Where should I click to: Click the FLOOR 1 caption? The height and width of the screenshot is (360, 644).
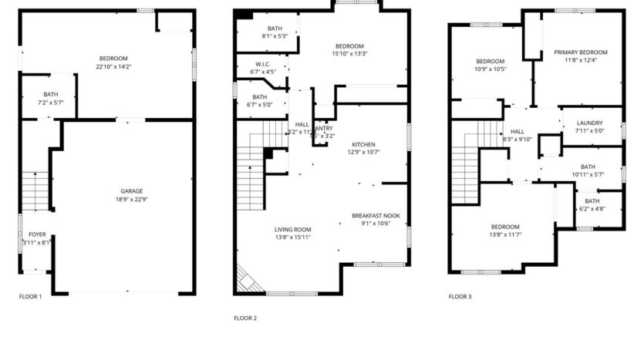coord(30,296)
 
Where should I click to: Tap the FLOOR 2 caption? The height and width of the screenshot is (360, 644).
coord(245,318)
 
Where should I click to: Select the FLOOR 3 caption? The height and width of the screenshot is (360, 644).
coord(460,296)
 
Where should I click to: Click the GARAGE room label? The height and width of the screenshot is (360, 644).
coord(131,191)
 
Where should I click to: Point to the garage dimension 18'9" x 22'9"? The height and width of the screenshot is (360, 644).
coord(131,200)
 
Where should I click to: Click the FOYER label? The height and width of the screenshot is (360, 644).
coord(37,234)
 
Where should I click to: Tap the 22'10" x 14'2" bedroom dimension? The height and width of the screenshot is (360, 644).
coord(113,67)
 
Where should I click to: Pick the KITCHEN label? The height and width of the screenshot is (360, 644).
coord(363,144)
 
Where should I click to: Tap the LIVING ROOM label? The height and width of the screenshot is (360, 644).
coord(292,229)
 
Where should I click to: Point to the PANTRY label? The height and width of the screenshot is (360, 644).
coord(323,128)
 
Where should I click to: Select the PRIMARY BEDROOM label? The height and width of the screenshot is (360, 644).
coord(581,52)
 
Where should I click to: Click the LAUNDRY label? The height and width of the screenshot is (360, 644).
coord(588,123)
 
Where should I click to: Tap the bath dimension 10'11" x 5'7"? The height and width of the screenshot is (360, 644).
coord(588,174)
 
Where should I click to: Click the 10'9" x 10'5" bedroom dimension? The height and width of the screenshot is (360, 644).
coord(490,69)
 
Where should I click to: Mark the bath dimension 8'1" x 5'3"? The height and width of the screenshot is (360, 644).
coord(275,36)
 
